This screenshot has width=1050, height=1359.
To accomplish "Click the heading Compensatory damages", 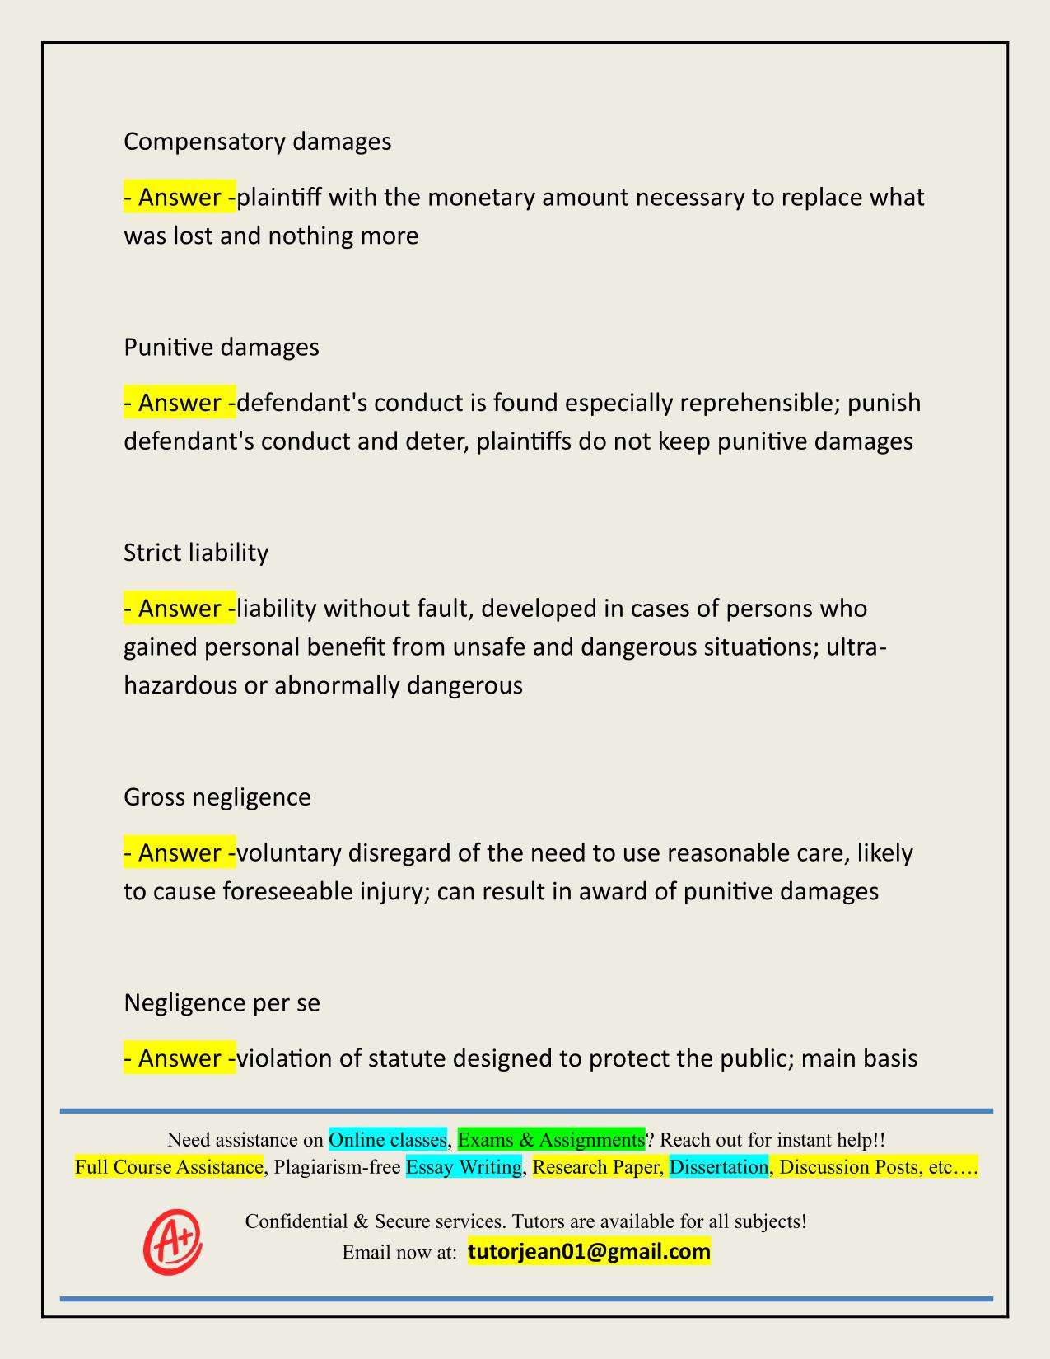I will (257, 142).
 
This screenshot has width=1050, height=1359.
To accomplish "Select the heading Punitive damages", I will (221, 347).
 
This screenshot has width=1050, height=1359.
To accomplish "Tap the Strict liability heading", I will (196, 552).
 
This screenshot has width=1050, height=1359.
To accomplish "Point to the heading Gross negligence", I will (217, 796).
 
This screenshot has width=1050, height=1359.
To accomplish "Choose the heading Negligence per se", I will (222, 1002).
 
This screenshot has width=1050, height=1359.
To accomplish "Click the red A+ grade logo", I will (172, 1241).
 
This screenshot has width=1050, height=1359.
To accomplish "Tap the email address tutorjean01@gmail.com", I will (589, 1252).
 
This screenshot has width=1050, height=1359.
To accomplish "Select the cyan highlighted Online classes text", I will (387, 1139).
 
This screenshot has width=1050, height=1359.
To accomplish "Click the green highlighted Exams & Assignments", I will (551, 1139).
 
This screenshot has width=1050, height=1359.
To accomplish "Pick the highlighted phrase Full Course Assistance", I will (169, 1166).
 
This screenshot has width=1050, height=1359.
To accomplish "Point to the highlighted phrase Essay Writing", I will (464, 1166).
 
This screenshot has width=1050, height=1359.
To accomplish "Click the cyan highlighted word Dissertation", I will (718, 1166).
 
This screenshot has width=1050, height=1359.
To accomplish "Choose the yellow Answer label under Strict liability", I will (180, 608).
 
